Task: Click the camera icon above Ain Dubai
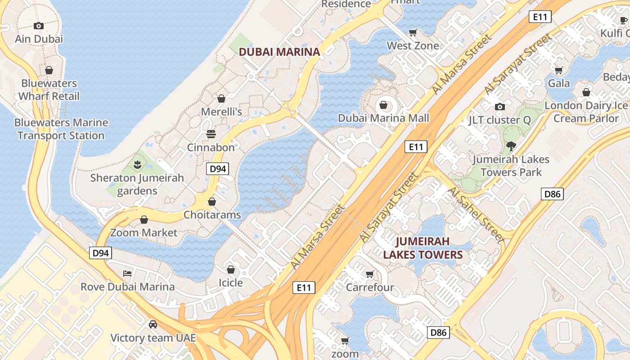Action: (39, 26)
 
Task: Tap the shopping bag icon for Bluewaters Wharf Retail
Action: (49, 70)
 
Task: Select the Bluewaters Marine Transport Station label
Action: (61, 129)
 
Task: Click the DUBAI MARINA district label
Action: (279, 52)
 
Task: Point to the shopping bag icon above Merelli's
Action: (221, 98)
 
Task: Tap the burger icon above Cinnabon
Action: (211, 134)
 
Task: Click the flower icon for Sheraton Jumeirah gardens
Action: (137, 165)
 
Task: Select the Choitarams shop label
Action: (212, 215)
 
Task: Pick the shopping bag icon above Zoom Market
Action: (144, 220)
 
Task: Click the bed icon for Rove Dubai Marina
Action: (127, 274)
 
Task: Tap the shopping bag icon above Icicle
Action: (230, 270)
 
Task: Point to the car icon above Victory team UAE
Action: (153, 324)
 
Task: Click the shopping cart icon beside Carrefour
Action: (369, 274)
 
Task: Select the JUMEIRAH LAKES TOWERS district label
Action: (423, 248)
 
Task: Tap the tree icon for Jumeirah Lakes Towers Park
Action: (510, 146)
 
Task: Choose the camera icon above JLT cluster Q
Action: (499, 107)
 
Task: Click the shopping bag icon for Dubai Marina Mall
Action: (383, 105)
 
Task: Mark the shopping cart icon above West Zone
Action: (413, 32)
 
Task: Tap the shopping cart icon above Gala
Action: (558, 70)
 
